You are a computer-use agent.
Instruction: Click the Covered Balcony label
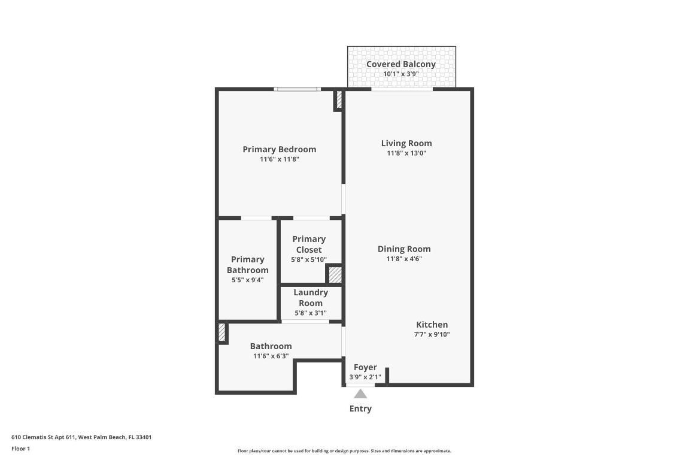[x=400, y=64]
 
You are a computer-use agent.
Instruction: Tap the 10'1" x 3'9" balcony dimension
[x=400, y=74]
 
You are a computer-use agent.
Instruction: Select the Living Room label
[x=406, y=143]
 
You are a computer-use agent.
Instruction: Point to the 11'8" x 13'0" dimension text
[x=406, y=153]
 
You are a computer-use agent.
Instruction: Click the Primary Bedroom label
[x=279, y=149]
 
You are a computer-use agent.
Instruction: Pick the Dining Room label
[x=404, y=249]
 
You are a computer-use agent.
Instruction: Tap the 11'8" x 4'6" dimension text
[x=404, y=259]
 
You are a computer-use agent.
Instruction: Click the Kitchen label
[x=432, y=325]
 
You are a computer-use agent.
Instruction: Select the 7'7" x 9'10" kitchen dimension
[x=432, y=335]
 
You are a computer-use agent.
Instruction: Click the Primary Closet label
[x=309, y=244]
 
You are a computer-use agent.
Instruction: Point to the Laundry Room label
[x=310, y=298]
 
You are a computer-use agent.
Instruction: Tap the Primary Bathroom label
[x=247, y=265]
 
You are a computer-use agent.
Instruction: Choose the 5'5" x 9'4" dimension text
[x=247, y=280]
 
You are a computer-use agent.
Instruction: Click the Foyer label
[x=365, y=367]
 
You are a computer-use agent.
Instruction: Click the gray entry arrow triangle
[x=360, y=394]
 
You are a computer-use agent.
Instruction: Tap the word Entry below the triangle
[x=360, y=409]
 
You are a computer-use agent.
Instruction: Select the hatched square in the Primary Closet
[x=335, y=275]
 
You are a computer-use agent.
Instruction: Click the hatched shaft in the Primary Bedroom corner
[x=339, y=100]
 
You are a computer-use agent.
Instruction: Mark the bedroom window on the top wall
[x=297, y=89]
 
